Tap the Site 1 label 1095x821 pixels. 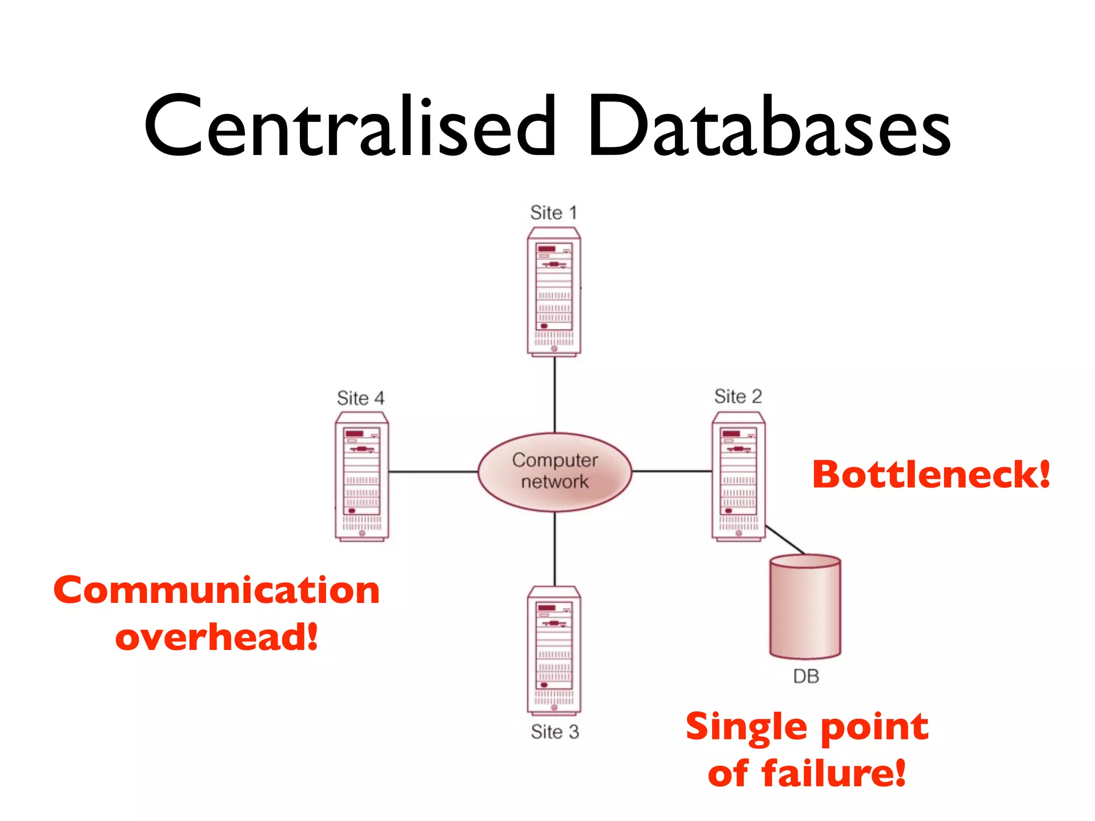coord(553,213)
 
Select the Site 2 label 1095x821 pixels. coord(738,397)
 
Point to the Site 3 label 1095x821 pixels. coord(554,732)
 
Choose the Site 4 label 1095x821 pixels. coord(360,398)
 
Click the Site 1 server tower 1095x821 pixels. coord(554,291)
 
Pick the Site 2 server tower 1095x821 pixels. coord(738,476)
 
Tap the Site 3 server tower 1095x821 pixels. coord(554,650)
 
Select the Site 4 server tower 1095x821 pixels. coord(361,476)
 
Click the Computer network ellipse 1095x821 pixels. coord(554,471)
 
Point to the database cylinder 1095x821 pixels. coord(805,607)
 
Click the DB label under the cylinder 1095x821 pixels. coord(806,677)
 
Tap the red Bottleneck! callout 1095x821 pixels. coord(931,475)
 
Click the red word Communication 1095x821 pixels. coord(217,591)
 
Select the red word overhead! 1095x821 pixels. coord(217,637)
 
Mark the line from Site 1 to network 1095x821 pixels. coord(554,394)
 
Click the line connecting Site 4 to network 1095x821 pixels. coord(433,471)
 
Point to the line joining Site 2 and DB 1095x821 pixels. coord(785,539)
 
